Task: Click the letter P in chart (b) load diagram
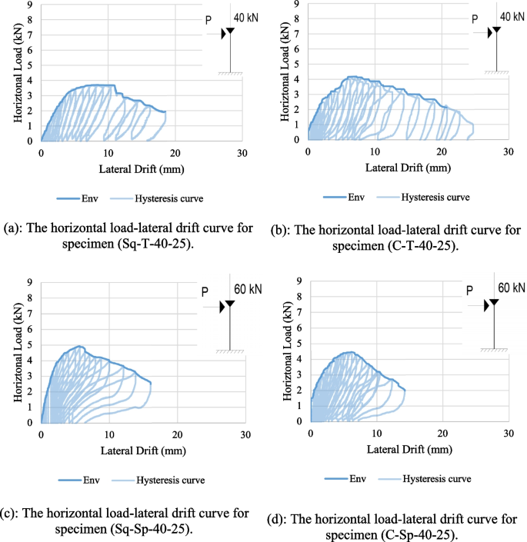[474, 19]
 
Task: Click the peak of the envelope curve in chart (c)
[80, 347]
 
